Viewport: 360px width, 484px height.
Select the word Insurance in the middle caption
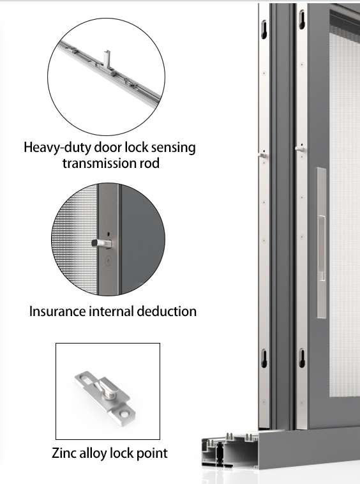coord(57,311)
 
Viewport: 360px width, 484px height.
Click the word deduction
coord(167,311)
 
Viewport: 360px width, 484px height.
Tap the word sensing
coord(177,148)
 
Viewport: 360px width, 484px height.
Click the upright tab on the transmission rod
coord(107,59)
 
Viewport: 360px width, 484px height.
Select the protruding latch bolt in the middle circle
coord(101,243)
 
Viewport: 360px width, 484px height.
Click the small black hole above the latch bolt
coord(108,234)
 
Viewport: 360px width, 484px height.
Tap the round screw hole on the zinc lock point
coord(124,412)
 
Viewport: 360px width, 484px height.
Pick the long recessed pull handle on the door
coord(322,243)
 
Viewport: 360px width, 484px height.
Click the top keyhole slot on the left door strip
coord(264,29)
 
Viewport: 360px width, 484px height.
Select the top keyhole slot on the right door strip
coord(302,20)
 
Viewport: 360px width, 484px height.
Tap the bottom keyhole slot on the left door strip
coord(264,358)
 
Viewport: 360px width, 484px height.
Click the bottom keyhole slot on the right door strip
coord(303,358)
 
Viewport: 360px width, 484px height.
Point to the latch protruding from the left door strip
coord(262,155)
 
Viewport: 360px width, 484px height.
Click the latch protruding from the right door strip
coord(300,149)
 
